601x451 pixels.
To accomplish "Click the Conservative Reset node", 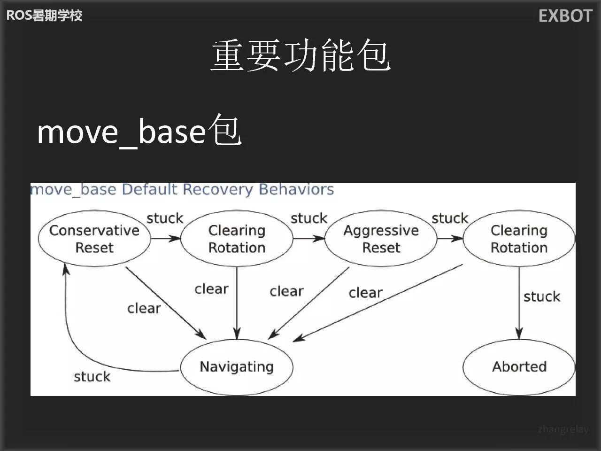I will point(94,239).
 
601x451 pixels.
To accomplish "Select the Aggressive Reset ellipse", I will point(381,239).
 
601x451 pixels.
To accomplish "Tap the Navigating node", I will point(237,367).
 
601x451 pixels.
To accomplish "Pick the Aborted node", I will point(519,367).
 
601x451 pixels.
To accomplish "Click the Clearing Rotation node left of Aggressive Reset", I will point(237,239).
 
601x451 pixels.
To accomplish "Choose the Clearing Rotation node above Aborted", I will point(519,239).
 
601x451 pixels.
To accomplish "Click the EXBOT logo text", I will point(565,16).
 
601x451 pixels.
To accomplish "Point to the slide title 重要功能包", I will point(300,56).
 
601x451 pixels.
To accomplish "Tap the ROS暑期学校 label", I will point(44,16).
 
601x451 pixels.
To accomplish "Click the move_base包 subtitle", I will point(139,131).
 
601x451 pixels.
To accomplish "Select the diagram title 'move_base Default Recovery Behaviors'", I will point(182,189).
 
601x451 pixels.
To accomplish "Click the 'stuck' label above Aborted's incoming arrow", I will point(542,296).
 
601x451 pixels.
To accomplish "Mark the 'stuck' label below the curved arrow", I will point(92,377).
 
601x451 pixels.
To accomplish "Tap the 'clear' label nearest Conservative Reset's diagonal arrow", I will point(144,308).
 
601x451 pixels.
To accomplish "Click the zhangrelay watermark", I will point(563,429).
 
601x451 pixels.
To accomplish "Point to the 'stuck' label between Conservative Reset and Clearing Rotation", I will point(165,218).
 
